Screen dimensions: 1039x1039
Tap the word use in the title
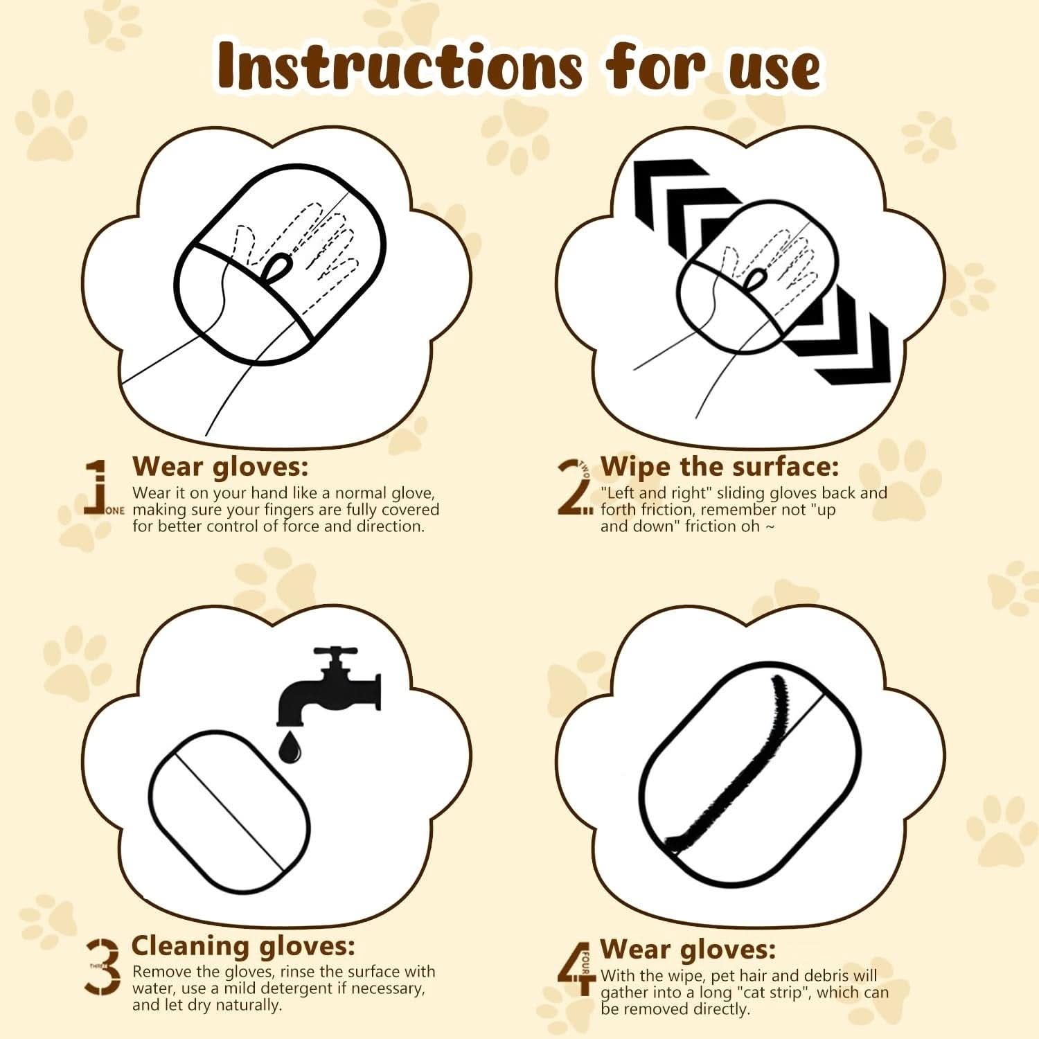coord(774,67)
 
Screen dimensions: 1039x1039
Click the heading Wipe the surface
coord(719,466)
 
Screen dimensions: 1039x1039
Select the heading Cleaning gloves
coord(243,945)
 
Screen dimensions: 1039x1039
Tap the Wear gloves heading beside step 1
coord(220,466)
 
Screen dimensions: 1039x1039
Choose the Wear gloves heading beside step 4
coord(687,948)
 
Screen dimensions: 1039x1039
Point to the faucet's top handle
coord(335,653)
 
